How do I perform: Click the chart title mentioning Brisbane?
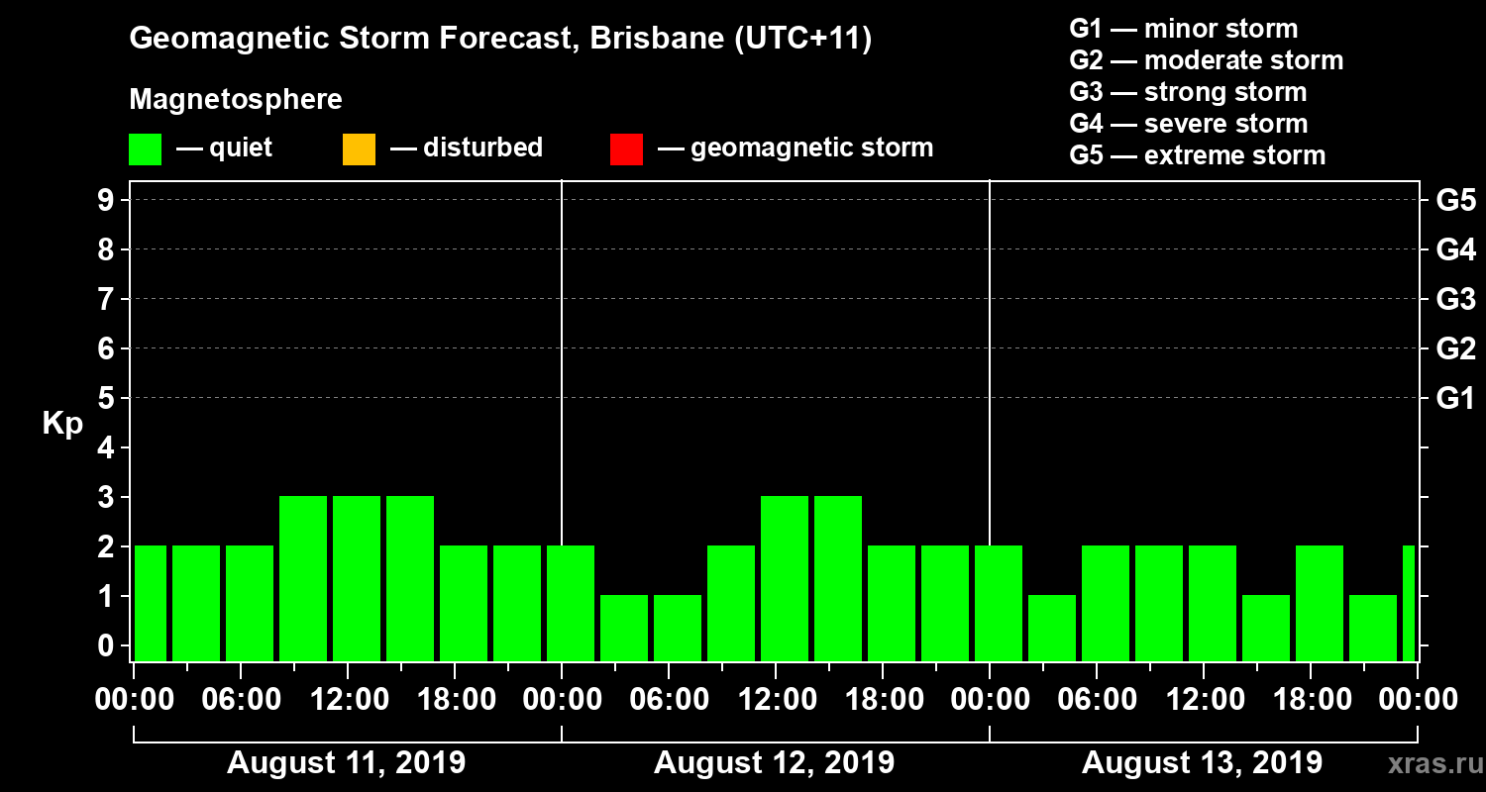tap(500, 40)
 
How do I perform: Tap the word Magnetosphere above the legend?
tap(236, 100)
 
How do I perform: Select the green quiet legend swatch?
tap(145, 149)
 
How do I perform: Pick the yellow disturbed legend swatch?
tap(359, 149)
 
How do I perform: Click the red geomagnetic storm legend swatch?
tap(626, 149)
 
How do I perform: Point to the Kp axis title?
tap(62, 424)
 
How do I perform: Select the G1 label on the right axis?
tap(1455, 398)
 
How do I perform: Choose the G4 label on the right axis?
tap(1455, 249)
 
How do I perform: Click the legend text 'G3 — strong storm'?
tap(1188, 92)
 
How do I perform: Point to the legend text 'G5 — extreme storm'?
tap(1197, 155)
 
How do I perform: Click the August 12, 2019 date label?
tap(774, 763)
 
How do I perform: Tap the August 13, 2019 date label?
tap(1202, 763)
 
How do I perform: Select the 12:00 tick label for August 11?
tap(348, 700)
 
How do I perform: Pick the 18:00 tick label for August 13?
tap(1311, 700)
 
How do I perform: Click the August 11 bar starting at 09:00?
tap(303, 578)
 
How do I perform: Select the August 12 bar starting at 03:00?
tap(624, 628)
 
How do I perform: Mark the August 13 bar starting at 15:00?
tap(1266, 628)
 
